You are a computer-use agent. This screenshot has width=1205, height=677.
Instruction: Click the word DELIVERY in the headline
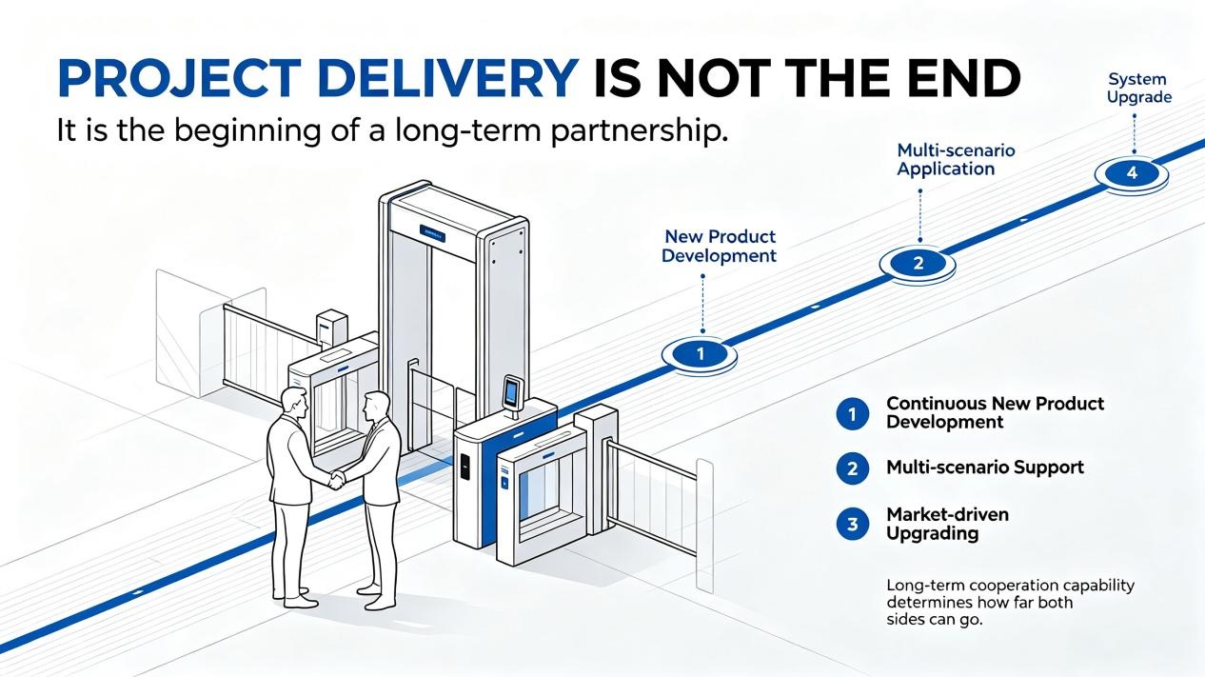pos(448,79)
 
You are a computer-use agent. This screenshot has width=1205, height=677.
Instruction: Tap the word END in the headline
pos(950,79)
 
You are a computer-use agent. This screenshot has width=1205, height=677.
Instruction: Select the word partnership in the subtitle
pos(639,131)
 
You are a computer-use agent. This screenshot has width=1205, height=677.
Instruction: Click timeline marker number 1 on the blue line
pos(700,354)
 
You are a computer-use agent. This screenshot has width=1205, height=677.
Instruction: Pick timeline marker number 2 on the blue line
pos(918,263)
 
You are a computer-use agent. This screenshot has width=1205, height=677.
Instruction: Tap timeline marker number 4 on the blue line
pos(1132,173)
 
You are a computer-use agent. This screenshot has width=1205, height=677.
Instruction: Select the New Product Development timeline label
pos(720,246)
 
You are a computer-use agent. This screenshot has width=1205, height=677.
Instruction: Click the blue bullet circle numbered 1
pos(852,414)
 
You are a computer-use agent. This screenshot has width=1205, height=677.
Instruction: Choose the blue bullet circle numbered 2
pos(852,468)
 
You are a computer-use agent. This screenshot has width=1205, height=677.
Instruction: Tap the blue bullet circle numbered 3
pos(852,524)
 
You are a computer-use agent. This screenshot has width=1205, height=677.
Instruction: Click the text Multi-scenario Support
pos(985,468)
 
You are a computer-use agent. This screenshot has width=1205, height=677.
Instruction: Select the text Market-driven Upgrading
pos(947,524)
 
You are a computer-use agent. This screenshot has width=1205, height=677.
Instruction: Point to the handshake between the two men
pos(337,478)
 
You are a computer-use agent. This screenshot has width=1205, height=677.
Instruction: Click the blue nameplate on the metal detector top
pos(432,233)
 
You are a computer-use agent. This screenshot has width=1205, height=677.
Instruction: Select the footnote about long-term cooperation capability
pos(1010,602)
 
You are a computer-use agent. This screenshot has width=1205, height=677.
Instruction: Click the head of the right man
pos(376,408)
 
